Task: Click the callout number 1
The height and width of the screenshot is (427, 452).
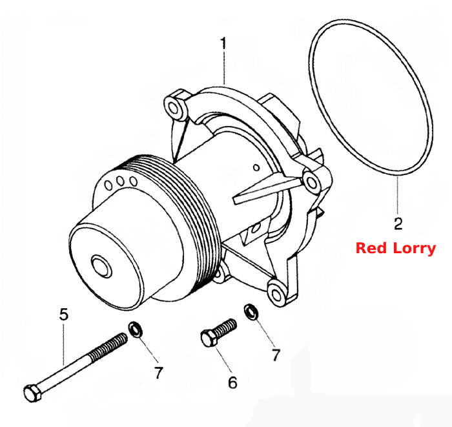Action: (x=223, y=43)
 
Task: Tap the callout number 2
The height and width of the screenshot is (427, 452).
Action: (x=398, y=224)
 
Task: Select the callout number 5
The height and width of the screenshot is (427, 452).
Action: (x=64, y=314)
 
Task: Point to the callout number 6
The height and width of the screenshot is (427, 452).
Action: (x=232, y=382)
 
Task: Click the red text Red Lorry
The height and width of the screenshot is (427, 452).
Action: (x=396, y=248)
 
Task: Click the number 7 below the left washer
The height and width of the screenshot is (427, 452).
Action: (x=159, y=373)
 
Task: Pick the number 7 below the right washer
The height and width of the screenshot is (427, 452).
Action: (x=276, y=355)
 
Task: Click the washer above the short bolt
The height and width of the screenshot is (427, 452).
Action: (x=251, y=311)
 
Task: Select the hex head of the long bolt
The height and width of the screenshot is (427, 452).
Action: (x=32, y=393)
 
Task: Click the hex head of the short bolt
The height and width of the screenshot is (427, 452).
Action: (x=209, y=338)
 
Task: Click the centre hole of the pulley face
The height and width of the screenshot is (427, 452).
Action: (x=101, y=266)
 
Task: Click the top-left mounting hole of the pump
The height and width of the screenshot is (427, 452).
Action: (x=173, y=109)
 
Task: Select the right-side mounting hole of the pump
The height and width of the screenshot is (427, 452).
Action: (x=311, y=183)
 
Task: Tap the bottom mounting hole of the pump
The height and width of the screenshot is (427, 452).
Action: (x=276, y=295)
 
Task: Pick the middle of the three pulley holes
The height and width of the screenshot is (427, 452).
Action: (x=120, y=181)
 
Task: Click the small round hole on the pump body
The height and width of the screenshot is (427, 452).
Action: (x=256, y=167)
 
